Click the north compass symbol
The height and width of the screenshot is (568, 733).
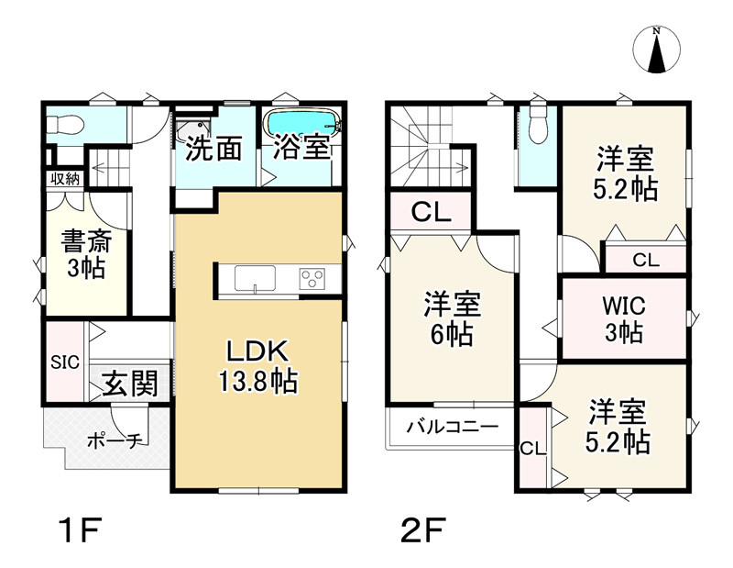[x=656, y=50]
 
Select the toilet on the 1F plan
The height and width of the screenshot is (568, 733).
[x=65, y=125]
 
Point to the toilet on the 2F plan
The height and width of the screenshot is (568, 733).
[x=539, y=126]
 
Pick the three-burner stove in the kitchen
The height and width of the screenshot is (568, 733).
[x=312, y=279]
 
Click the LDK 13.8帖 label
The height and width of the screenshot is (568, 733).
[x=257, y=367]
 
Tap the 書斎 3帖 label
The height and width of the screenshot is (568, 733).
[x=86, y=254]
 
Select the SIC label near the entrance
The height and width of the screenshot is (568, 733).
[x=65, y=362]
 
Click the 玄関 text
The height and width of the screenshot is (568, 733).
[x=129, y=384]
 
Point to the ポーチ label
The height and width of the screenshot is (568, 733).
[x=115, y=440]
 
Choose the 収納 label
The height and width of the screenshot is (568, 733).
[x=65, y=179]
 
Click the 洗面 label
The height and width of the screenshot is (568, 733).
[x=213, y=149]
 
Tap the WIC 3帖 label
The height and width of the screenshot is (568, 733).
[x=624, y=319]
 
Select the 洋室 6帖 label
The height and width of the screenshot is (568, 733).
[x=452, y=318]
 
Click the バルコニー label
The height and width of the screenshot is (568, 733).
[x=452, y=427]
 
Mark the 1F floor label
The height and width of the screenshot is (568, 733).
[x=81, y=529]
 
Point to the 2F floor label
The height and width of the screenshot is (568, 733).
[x=423, y=529]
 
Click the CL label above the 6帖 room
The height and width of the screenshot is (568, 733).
[x=431, y=212]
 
